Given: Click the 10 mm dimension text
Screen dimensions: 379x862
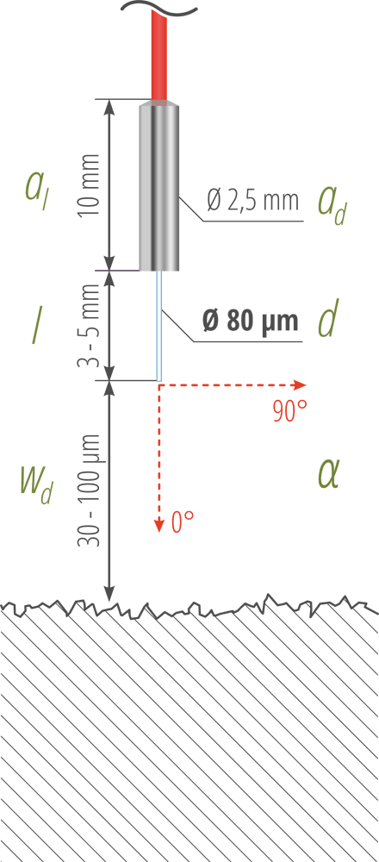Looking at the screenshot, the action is pyautogui.click(x=90, y=184).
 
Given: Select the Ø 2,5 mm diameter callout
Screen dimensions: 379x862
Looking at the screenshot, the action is pyautogui.click(x=253, y=200).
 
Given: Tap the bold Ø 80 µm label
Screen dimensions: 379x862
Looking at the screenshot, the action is pyautogui.click(x=251, y=321).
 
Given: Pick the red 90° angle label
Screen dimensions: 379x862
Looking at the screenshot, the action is pyautogui.click(x=289, y=411).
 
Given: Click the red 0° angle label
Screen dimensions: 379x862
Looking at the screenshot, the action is pyautogui.click(x=183, y=522).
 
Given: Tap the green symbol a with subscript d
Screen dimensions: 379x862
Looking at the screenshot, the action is pyautogui.click(x=332, y=204).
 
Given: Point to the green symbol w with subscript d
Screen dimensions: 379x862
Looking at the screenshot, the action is pyautogui.click(x=36, y=484).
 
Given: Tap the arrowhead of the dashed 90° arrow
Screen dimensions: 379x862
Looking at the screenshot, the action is pyautogui.click(x=300, y=384).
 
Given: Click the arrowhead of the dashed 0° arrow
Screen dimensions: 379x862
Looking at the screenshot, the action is pyautogui.click(x=159, y=526).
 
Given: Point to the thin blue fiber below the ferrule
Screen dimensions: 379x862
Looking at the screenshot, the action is pyautogui.click(x=159, y=326).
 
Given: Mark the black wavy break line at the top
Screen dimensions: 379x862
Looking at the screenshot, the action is pyautogui.click(x=158, y=8).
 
